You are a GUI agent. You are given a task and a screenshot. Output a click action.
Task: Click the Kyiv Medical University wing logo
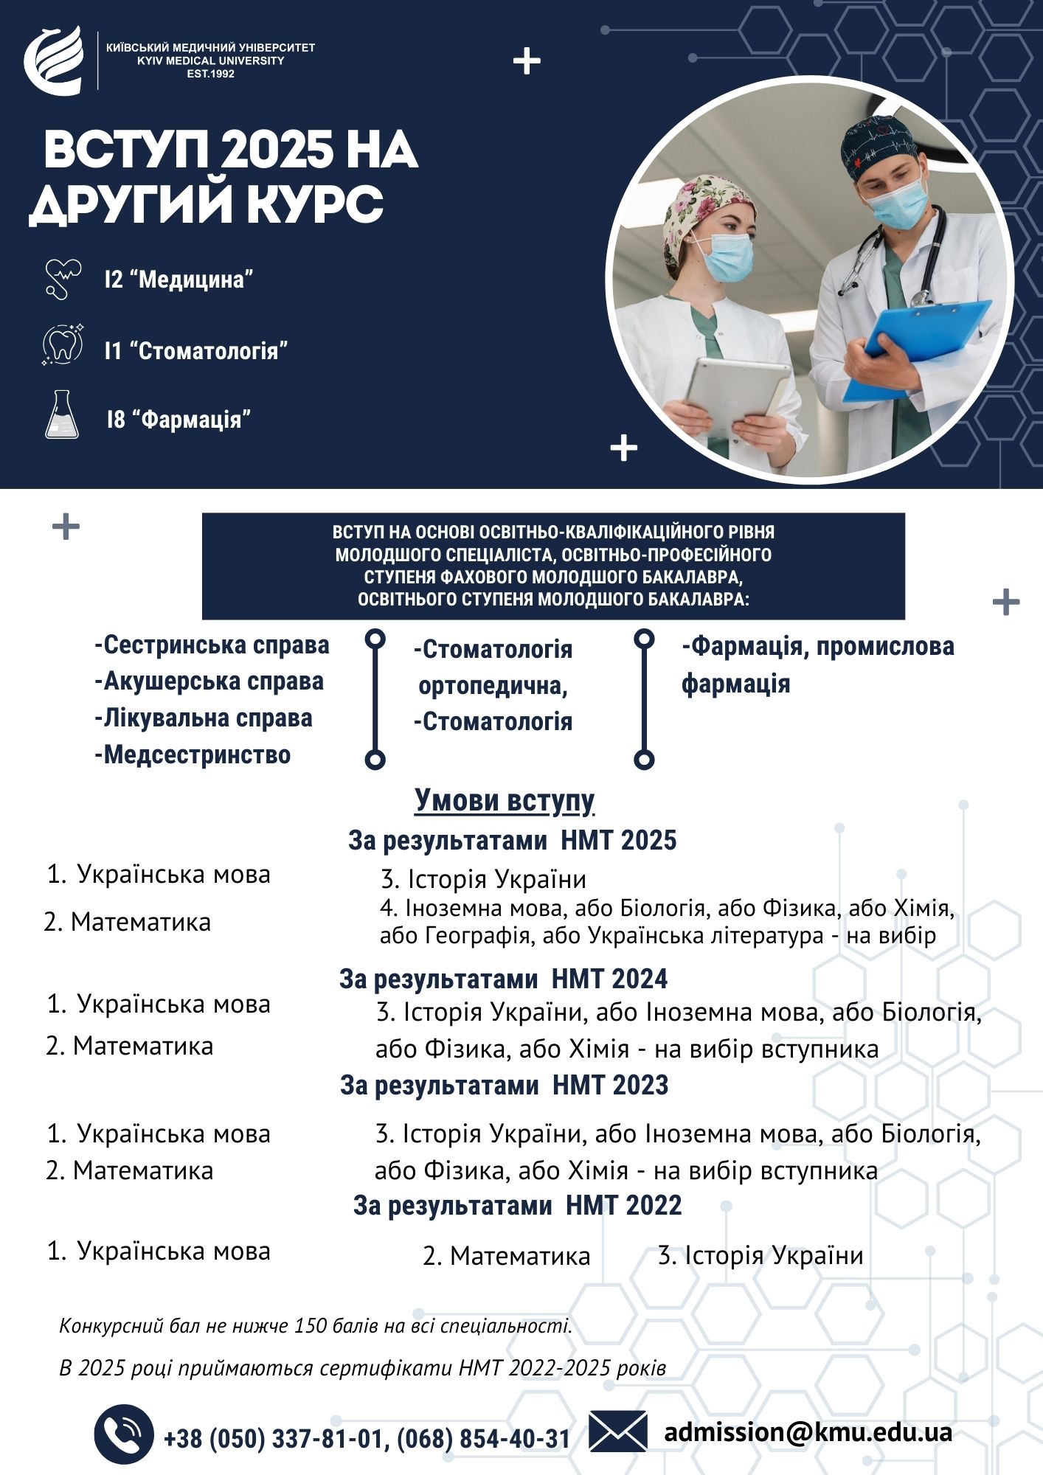[54, 60]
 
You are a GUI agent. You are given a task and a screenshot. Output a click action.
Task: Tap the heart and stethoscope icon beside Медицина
[63, 279]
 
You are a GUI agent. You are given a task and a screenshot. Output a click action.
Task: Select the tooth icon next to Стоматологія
[62, 345]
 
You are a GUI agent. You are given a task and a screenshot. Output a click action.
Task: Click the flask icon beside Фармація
[62, 416]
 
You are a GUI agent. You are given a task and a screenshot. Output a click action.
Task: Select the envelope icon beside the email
[618, 1431]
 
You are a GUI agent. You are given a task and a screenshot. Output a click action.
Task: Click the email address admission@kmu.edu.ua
[808, 1431]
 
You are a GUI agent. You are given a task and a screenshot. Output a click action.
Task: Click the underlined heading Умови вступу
[505, 800]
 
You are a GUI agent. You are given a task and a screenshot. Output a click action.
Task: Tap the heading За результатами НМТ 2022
[517, 1205]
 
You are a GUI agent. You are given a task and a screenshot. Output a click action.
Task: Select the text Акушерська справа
[209, 681]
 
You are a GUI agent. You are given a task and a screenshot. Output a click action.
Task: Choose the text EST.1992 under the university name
[211, 74]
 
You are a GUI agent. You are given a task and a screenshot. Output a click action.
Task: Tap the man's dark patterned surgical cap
[878, 144]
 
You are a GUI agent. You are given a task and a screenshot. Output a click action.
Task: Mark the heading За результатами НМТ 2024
[503, 979]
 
